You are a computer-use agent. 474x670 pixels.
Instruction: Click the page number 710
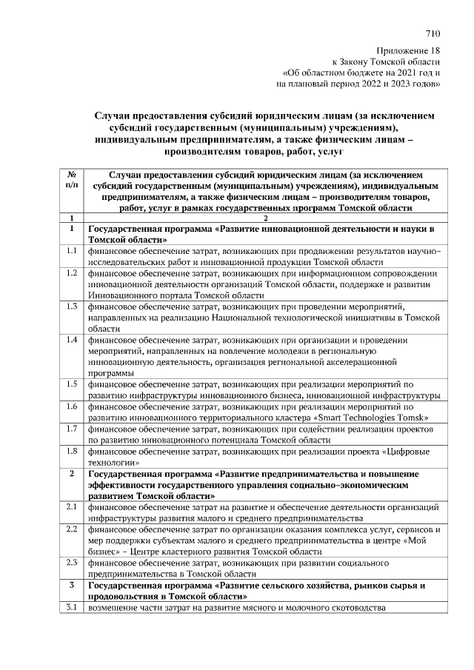[x=433, y=33]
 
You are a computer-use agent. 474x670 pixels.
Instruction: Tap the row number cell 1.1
[x=72, y=252]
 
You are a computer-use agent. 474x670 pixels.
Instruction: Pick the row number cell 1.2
[x=72, y=273]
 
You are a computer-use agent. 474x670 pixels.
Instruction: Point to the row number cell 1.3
[x=72, y=306]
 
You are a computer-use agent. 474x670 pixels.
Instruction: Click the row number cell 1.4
[x=72, y=340]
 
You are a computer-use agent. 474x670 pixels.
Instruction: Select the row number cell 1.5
[x=72, y=383]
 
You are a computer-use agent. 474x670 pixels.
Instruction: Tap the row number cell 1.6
[x=72, y=406]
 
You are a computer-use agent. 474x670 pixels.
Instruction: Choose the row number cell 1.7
[x=72, y=429]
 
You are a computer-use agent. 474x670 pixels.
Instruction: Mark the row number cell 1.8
[x=72, y=450]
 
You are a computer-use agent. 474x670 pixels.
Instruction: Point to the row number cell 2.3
[x=72, y=562]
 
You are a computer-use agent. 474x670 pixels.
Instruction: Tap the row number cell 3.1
[x=72, y=608]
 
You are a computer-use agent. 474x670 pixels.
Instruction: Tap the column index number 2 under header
[x=264, y=218]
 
